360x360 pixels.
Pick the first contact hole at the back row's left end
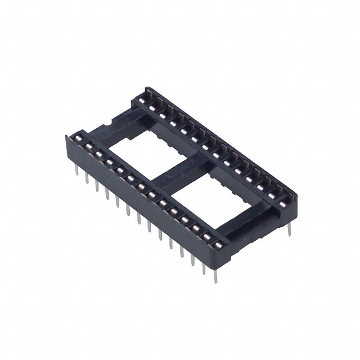(149, 93)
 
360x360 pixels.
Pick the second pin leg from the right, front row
(204, 265)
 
